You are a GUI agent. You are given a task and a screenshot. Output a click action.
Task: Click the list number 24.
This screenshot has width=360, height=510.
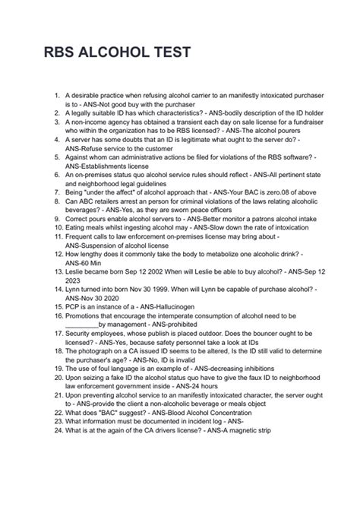click(x=49, y=429)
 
